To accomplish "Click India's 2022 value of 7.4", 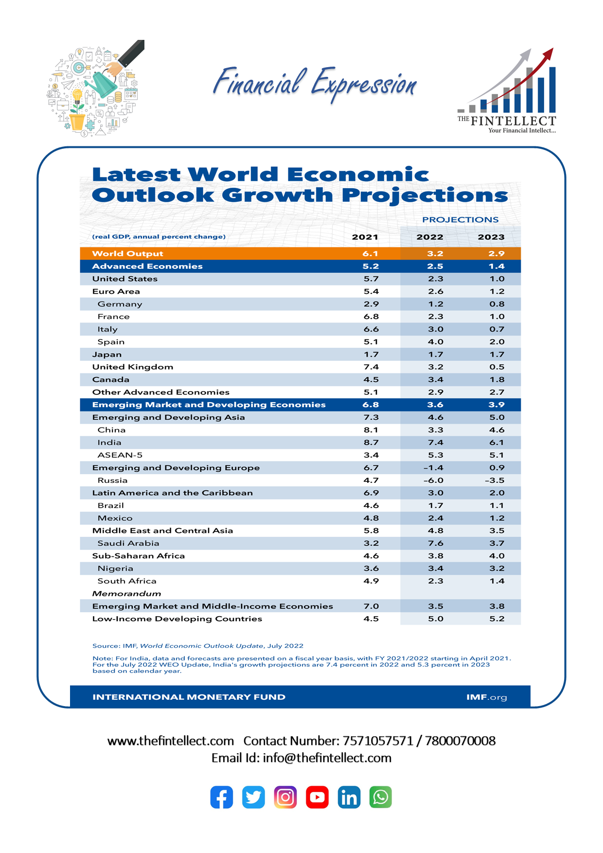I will click(435, 443).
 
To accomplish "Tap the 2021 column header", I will click(365, 237).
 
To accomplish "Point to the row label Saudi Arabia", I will click(128, 543).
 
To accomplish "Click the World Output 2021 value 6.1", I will click(370, 253).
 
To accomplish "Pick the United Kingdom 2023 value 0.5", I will click(497, 367).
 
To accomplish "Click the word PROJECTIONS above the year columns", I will click(460, 220).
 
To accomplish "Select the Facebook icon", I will click(222, 797).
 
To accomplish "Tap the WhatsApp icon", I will click(380, 797).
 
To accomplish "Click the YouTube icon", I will click(317, 797).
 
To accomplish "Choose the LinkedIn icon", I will click(349, 797).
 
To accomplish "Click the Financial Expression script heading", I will click(315, 84).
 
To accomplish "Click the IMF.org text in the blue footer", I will click(486, 697).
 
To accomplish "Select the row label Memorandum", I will click(126, 594).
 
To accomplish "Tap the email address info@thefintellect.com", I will click(327, 758).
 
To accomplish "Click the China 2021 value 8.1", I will click(371, 430).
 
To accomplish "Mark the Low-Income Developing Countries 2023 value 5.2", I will click(497, 619).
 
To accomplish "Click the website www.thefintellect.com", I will click(170, 741).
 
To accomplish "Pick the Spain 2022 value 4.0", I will click(435, 342).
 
